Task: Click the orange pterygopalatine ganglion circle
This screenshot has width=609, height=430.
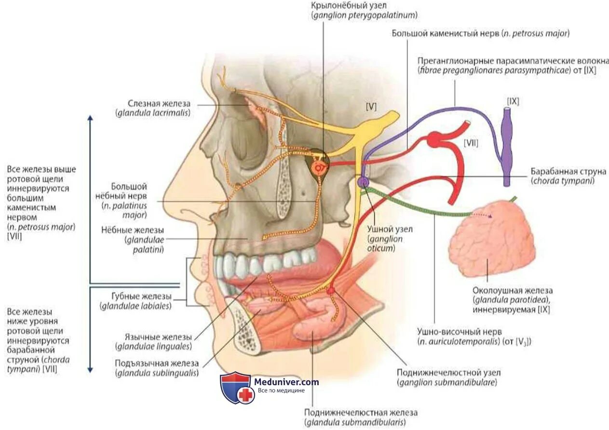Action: (x=319, y=167)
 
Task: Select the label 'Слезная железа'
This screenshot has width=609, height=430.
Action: (x=159, y=104)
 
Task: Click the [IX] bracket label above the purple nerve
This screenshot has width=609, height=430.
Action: (x=513, y=101)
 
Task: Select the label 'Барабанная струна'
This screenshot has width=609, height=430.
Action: (x=568, y=172)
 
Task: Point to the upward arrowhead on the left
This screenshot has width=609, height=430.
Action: (x=90, y=119)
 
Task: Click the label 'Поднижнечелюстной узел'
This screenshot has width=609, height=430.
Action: (x=448, y=373)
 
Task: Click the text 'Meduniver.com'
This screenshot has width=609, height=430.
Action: (x=286, y=382)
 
